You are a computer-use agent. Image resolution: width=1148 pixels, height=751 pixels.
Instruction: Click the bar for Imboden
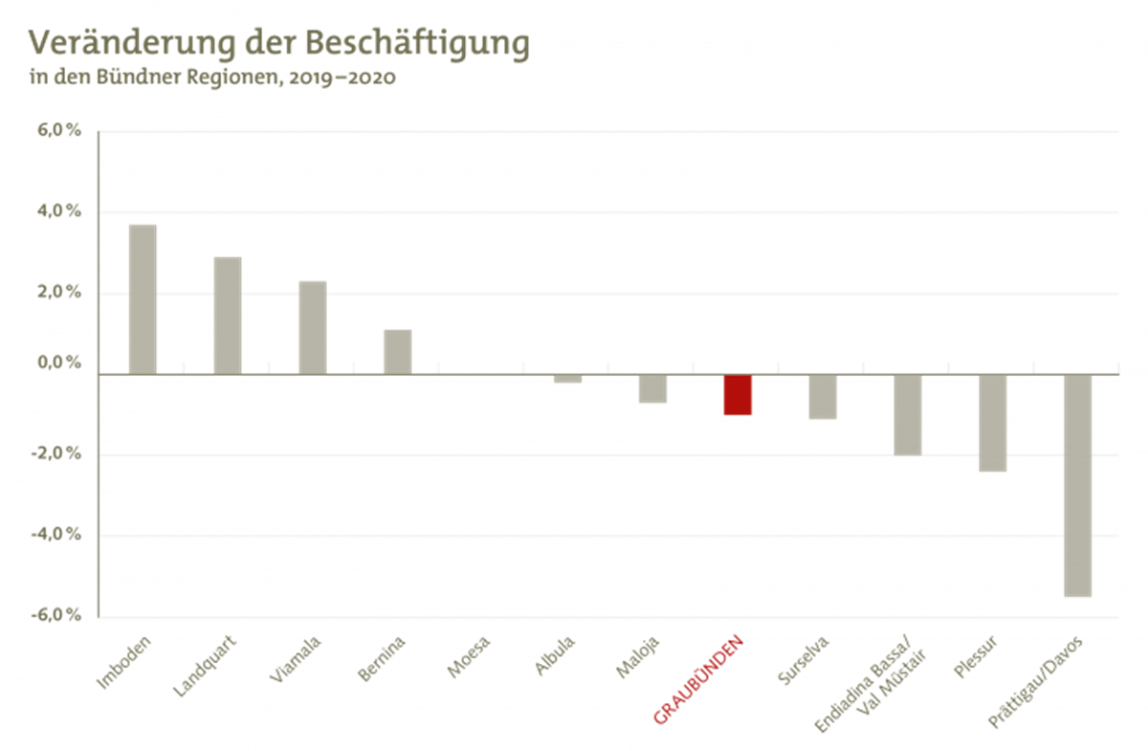coord(143,298)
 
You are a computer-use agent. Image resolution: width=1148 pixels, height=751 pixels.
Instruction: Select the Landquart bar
coord(228,315)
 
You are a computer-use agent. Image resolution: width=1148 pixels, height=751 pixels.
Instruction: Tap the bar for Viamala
coord(312,327)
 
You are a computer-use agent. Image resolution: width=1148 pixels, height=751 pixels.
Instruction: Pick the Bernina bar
coord(397,351)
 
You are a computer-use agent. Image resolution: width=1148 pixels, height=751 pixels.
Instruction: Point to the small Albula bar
coord(567,379)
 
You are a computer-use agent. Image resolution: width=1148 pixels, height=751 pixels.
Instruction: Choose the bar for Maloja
coord(652,389)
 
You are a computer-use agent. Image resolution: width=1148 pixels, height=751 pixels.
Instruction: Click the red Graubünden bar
coord(738,395)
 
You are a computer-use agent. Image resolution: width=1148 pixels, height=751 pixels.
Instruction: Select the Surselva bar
coord(823,397)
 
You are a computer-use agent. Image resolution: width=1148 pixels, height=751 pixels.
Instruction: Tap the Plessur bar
coord(993,423)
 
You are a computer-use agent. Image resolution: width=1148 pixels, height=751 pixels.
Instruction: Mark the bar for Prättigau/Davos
coord(1078,486)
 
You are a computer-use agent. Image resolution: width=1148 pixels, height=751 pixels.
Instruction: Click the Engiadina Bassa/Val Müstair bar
coord(908,414)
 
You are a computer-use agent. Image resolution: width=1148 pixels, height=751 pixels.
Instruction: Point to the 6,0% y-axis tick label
coord(60,130)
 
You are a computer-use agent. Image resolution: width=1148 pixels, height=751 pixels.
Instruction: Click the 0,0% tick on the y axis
coord(60,364)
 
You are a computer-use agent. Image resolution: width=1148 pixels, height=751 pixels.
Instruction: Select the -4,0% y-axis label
coord(57,534)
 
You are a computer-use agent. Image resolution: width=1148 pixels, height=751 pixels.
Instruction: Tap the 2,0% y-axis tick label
coord(60,291)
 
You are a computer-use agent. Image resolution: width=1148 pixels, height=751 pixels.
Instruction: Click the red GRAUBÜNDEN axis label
coord(698,677)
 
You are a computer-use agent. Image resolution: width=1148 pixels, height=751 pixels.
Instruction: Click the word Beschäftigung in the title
coord(418,44)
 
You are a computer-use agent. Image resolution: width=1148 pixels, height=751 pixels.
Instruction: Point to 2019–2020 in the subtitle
coord(342,78)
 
